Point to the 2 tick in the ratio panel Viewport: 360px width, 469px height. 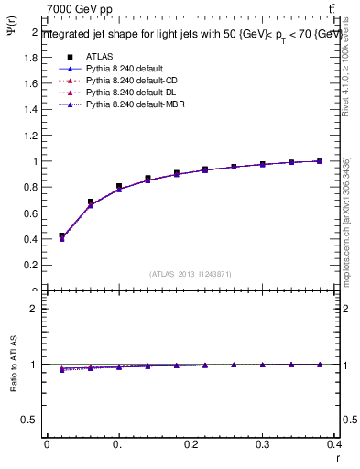click(34, 309)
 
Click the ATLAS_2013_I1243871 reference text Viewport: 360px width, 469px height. click(191, 274)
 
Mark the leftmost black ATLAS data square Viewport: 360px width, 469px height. click(61, 235)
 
